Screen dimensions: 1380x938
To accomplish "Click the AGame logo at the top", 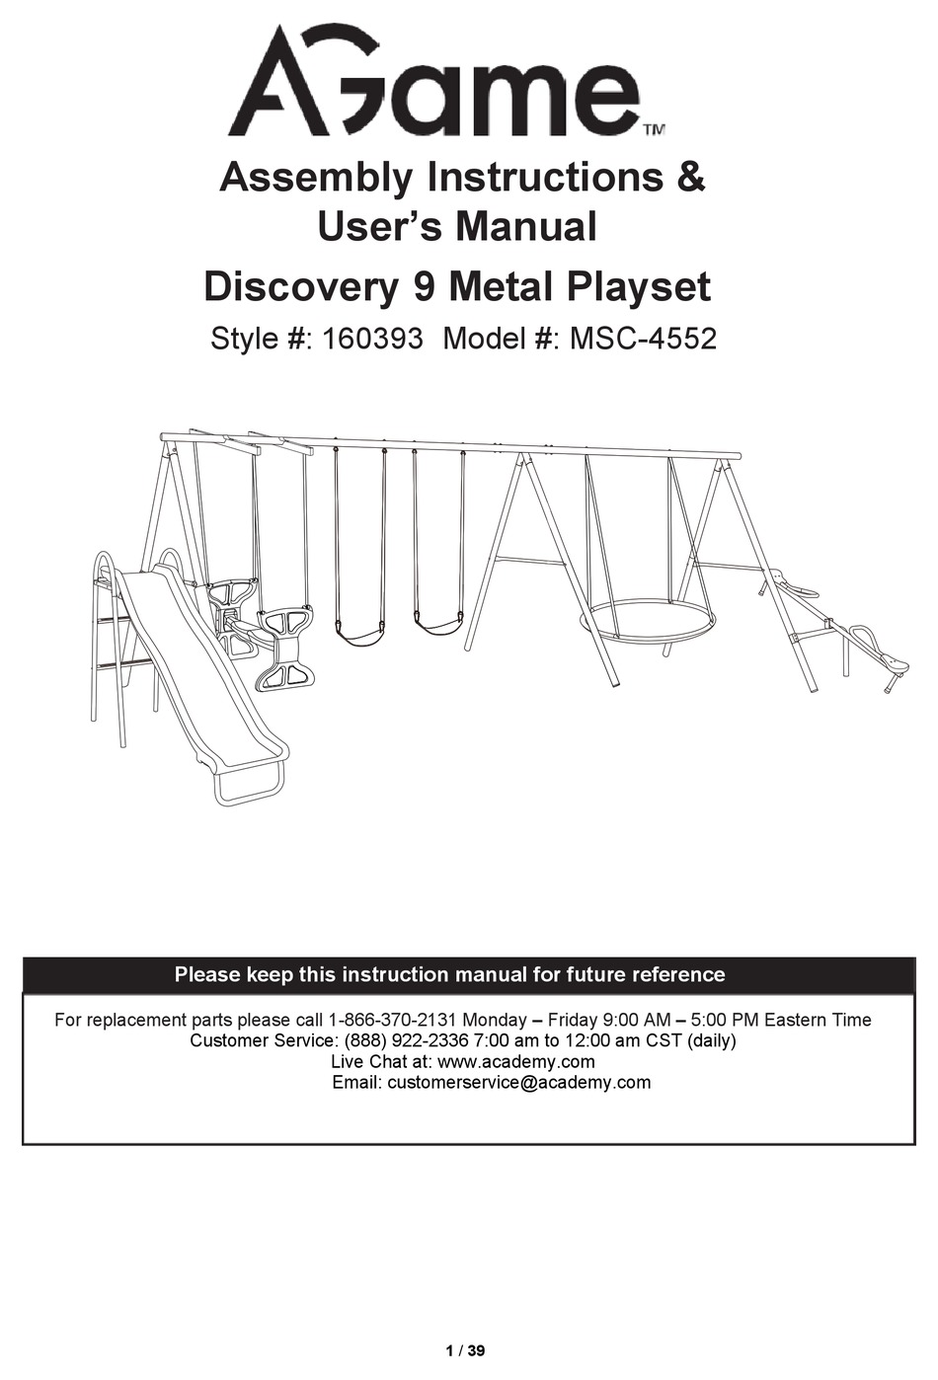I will pos(434,84).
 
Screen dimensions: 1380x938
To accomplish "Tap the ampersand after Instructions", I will pos(690,178).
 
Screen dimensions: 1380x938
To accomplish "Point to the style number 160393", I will pos(372,339).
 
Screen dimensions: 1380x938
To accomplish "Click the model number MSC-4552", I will pos(643,339).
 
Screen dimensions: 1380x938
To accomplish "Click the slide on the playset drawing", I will pos(202,671).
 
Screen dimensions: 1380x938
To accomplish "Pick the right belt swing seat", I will pos(436,624).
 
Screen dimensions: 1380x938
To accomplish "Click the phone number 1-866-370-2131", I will pos(392,1020).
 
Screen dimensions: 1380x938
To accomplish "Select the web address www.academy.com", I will pos(515,1062).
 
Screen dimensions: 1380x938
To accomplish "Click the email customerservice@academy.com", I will pos(518,1083).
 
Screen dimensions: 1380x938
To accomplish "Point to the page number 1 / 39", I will pos(466,1350).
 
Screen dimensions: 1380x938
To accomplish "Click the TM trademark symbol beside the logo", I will pos(654,129).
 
